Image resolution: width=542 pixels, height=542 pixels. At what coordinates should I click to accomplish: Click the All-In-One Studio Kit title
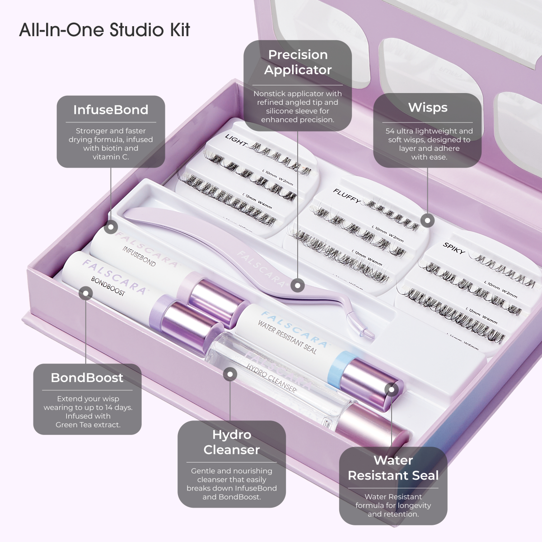click(x=104, y=30)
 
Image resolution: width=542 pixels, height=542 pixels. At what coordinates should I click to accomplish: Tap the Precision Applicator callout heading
click(x=298, y=62)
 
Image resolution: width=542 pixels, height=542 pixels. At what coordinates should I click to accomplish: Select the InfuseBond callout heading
click(x=111, y=110)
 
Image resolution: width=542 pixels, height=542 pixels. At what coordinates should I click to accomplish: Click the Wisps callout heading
click(x=427, y=107)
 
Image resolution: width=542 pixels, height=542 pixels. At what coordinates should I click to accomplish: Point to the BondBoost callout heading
click(x=87, y=378)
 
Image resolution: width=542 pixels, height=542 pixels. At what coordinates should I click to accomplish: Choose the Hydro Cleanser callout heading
click(x=231, y=442)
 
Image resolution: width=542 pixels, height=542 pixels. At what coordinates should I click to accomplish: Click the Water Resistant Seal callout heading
click(x=393, y=468)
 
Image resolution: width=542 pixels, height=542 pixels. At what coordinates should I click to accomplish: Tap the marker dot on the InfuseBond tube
click(x=111, y=227)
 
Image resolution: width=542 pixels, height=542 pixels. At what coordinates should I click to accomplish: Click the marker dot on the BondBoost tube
click(x=85, y=293)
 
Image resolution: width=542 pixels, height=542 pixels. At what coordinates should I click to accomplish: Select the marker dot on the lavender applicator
click(x=297, y=285)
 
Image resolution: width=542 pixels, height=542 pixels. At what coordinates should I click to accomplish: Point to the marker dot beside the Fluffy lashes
click(x=427, y=221)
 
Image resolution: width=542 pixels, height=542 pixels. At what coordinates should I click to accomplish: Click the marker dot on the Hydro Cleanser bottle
click(x=230, y=374)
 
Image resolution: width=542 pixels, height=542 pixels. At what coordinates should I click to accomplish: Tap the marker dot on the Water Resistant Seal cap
click(x=391, y=389)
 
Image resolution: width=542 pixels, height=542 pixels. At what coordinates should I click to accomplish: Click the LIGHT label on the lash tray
click(x=236, y=140)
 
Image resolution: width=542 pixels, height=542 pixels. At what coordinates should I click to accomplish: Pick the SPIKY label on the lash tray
click(x=454, y=248)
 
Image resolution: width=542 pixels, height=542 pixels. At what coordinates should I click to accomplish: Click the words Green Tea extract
click(x=88, y=425)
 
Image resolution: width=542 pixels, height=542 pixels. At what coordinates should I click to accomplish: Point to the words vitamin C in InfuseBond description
click(x=111, y=157)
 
